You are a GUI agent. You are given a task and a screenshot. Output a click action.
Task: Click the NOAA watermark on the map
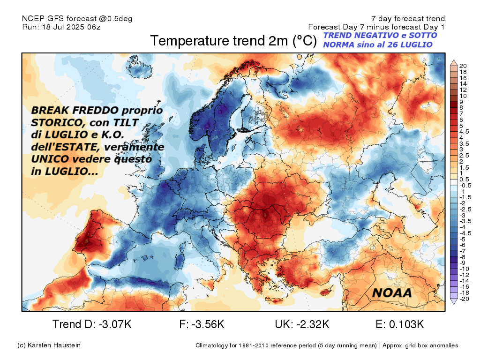(392, 293)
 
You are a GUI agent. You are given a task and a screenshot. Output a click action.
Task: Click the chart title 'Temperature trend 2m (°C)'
(233, 41)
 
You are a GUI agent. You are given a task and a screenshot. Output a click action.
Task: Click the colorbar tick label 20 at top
(463, 66)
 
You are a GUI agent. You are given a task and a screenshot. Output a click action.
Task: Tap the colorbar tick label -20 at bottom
(464, 299)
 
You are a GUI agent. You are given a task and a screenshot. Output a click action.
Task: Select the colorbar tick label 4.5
(464, 132)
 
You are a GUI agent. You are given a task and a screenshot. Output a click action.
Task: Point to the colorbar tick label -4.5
(465, 233)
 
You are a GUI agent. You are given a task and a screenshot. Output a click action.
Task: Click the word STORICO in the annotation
(55, 123)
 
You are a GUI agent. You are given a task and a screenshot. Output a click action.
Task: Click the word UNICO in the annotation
(50, 159)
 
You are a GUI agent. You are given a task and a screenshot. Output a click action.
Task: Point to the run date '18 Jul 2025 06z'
(71, 27)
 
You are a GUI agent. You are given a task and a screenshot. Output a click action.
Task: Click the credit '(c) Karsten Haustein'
(49, 345)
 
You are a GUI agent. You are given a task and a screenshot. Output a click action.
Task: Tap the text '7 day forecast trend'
(408, 19)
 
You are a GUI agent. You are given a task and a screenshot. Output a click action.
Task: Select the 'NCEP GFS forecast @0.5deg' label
(77, 19)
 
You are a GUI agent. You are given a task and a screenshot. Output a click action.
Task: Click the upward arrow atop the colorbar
(454, 63)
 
